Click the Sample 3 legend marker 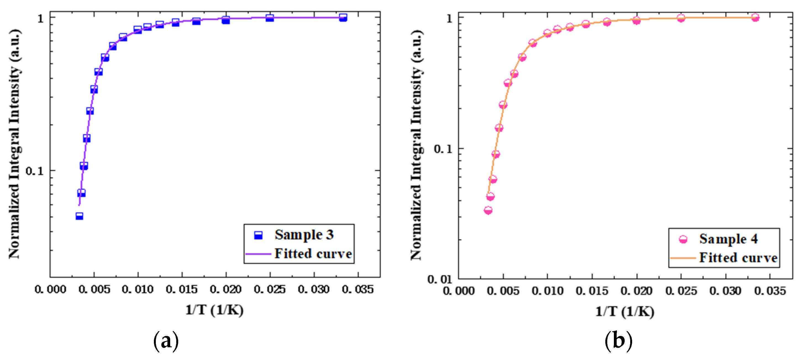[x=258, y=235]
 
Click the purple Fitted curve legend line [x=258, y=254]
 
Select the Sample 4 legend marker [x=683, y=239]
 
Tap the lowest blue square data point [x=79, y=216]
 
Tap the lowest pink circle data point [x=488, y=211]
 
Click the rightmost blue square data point [x=343, y=18]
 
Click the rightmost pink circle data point [x=755, y=18]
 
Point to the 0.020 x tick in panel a [x=226, y=289]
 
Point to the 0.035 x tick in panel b [x=770, y=291]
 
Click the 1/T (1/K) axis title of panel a [x=214, y=310]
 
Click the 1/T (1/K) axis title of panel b [x=624, y=311]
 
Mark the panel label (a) [x=166, y=341]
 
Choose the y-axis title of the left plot [x=14, y=144]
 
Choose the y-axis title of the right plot [x=416, y=145]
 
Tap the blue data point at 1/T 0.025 [x=270, y=18]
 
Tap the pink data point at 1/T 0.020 [x=637, y=20]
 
